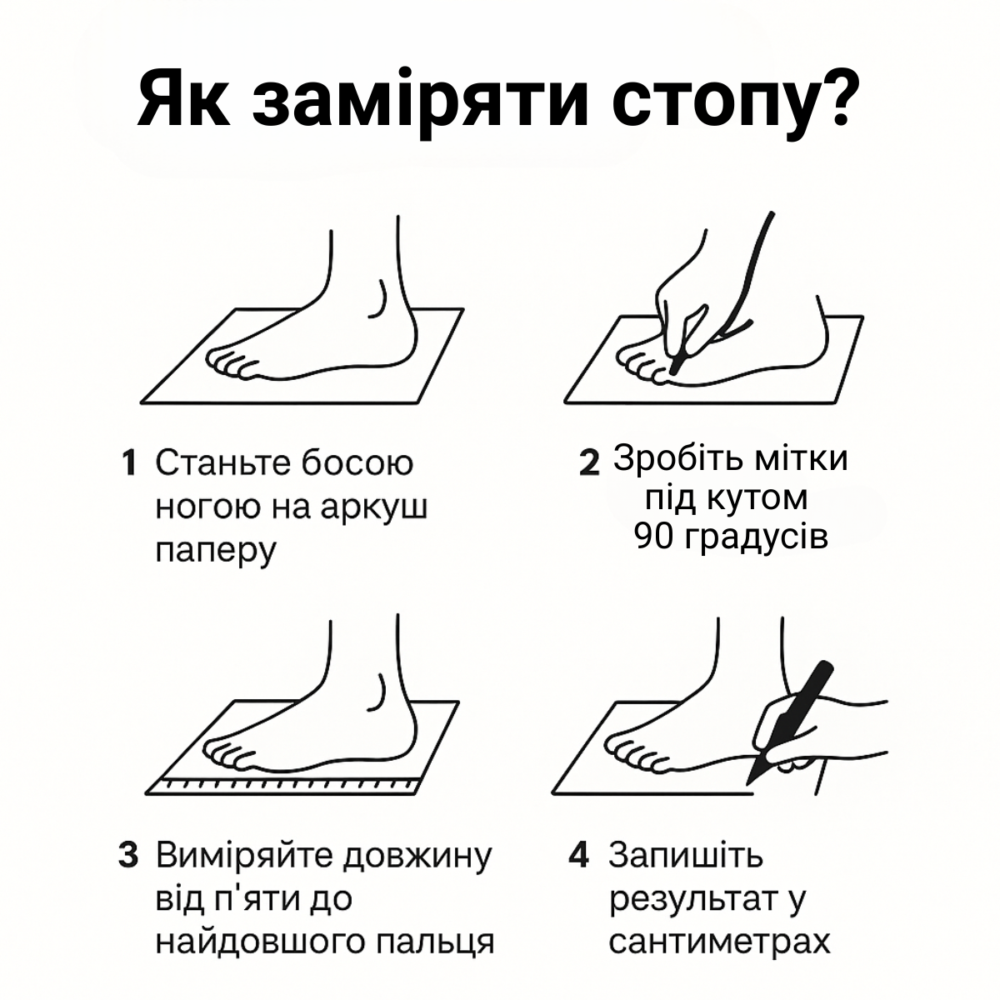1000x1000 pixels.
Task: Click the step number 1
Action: pyautogui.click(x=128, y=463)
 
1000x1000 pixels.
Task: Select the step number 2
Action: pyautogui.click(x=589, y=463)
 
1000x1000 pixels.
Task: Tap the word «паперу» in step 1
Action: pyautogui.click(x=215, y=552)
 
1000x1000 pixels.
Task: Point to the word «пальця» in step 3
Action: pyautogui.click(x=435, y=942)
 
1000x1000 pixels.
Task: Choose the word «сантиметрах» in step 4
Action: pyautogui.click(x=719, y=942)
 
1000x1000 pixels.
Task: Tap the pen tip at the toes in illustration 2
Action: pyautogui.click(x=672, y=372)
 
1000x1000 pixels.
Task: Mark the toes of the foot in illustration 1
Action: pyautogui.click(x=228, y=363)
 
